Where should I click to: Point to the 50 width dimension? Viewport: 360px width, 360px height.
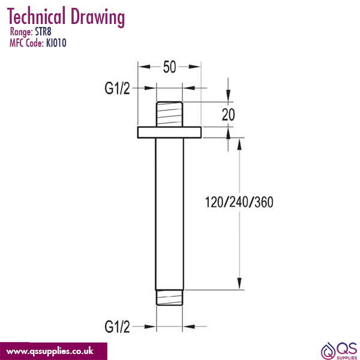(x=170, y=67)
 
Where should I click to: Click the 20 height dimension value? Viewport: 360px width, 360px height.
(x=228, y=115)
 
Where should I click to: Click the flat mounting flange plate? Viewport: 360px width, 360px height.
(x=170, y=132)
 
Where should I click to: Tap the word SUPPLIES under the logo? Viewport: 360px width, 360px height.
(x=346, y=356)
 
